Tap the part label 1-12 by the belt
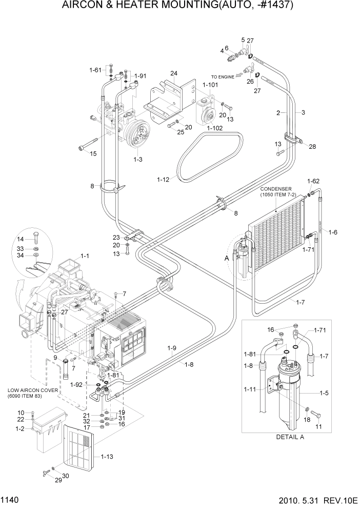point(164,179)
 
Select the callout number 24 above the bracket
point(174,73)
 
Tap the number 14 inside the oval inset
point(21,240)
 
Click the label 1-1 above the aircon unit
point(85,256)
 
